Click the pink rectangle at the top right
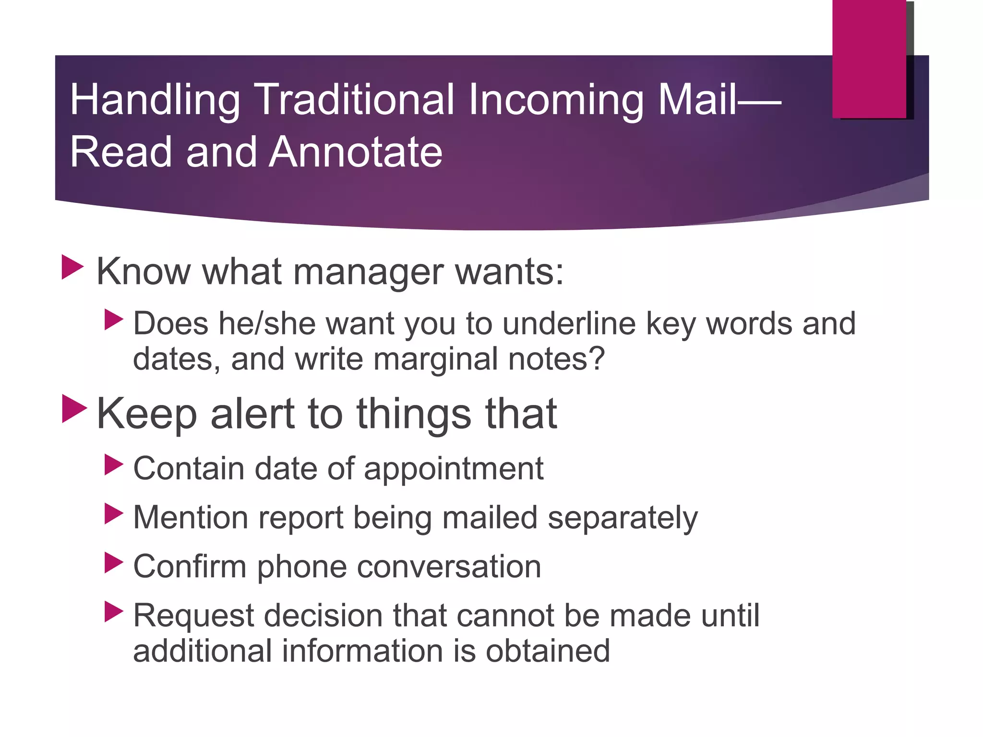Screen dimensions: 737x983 (x=869, y=59)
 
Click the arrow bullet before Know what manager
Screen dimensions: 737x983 (x=73, y=267)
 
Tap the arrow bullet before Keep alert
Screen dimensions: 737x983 (x=74, y=409)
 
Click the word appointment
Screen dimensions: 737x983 (x=454, y=469)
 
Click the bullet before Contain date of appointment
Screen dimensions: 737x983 (x=114, y=465)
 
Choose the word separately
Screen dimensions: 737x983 (x=623, y=519)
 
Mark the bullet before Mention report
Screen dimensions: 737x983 (x=114, y=514)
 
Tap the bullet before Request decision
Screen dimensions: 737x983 (x=114, y=612)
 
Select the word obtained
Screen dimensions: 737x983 (x=548, y=651)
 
